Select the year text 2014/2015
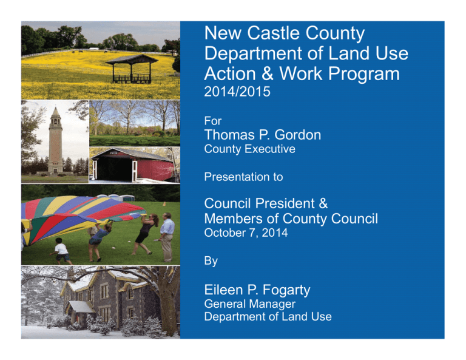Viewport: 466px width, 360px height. (237, 92)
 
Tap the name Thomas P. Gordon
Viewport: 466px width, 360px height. (262, 135)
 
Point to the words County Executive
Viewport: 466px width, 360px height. (249, 149)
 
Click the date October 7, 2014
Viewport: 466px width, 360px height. (246, 233)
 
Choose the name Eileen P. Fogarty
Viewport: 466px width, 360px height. (257, 290)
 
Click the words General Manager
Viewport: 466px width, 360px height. (249, 304)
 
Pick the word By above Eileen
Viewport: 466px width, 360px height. (211, 261)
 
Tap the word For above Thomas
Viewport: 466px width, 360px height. (213, 121)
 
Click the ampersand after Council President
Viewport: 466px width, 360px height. (323, 203)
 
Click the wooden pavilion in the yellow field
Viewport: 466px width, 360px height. (132, 69)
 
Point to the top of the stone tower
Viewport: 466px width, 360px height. (56, 107)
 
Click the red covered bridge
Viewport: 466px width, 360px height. (132, 165)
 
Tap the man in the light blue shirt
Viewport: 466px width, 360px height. (167, 237)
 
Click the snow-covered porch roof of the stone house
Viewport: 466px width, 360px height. (81, 307)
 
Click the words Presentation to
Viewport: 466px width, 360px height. (243, 177)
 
